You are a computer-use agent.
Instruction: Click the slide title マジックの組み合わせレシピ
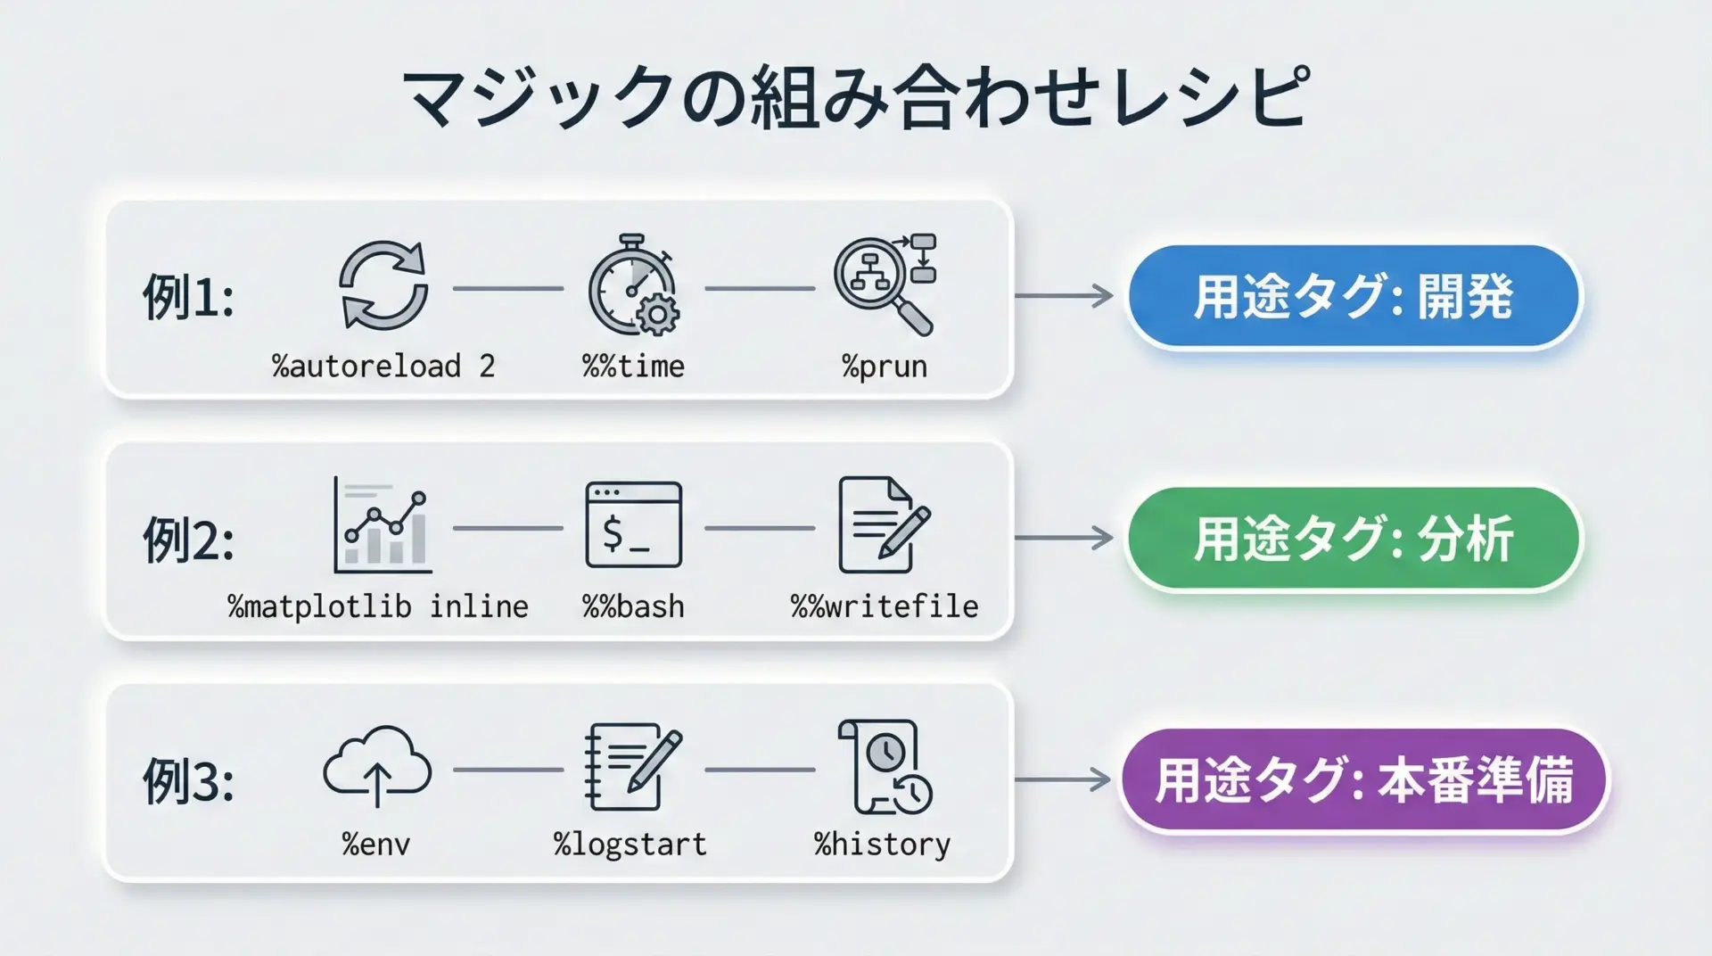(x=857, y=95)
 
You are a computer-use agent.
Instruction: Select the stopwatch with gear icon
(x=633, y=285)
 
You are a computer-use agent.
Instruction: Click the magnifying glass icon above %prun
(x=885, y=284)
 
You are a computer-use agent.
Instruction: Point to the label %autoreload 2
(x=383, y=367)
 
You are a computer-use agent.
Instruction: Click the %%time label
(x=633, y=367)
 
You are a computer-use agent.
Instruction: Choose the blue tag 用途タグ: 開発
(x=1354, y=297)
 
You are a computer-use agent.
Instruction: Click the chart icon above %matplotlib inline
(x=383, y=524)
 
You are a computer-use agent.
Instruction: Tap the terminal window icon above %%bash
(x=633, y=524)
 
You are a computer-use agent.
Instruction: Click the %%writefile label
(x=885, y=607)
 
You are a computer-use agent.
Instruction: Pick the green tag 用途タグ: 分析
(x=1354, y=539)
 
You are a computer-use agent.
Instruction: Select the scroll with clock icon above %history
(x=885, y=767)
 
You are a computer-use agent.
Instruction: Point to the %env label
(x=376, y=845)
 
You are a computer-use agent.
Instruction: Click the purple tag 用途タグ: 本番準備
(x=1363, y=780)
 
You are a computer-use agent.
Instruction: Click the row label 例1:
(x=188, y=297)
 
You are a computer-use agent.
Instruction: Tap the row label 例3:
(x=188, y=781)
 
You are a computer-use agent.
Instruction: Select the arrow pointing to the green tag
(x=1064, y=538)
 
